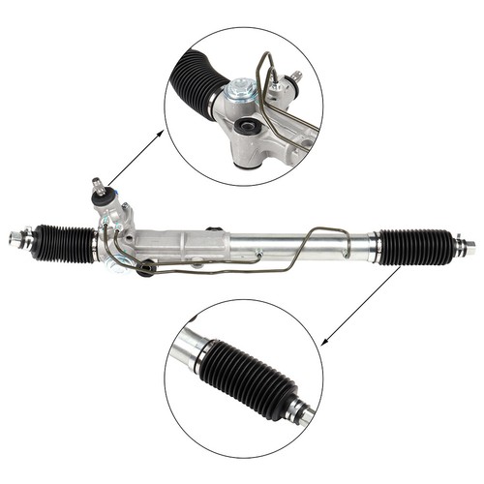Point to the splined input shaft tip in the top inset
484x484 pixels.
point(296,76)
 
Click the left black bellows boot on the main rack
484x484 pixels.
point(65,241)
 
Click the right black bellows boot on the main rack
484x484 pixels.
point(416,246)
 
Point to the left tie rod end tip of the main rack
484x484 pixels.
point(14,236)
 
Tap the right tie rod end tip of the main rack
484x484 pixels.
point(470,248)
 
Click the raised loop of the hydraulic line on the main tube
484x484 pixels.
point(324,234)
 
